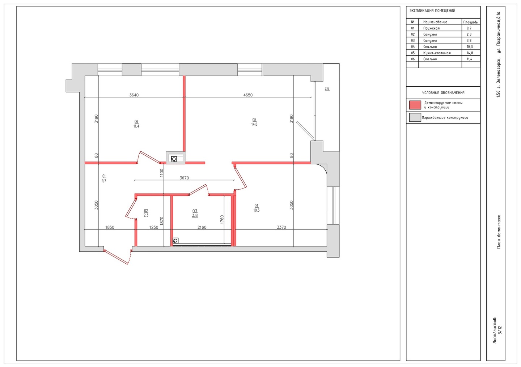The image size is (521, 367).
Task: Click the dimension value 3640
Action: (x=134, y=95)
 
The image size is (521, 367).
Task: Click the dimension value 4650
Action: (x=248, y=95)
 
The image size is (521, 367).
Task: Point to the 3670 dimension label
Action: (x=184, y=178)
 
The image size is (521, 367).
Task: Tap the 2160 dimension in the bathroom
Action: (x=202, y=227)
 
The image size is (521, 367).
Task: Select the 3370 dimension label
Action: (x=281, y=227)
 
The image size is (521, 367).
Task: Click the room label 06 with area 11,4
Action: (x=136, y=124)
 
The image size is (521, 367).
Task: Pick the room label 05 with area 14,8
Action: (x=254, y=122)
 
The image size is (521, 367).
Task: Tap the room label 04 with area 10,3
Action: (x=256, y=208)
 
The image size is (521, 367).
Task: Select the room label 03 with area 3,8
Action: (x=195, y=213)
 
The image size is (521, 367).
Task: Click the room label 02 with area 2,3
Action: (x=146, y=213)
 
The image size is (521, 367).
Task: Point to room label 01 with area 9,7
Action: (x=104, y=178)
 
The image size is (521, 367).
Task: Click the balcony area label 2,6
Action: (x=327, y=88)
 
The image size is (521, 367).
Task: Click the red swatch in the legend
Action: (x=415, y=105)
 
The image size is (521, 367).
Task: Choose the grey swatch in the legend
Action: (x=415, y=117)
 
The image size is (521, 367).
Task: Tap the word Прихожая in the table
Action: (x=431, y=28)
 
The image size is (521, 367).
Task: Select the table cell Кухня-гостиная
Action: (x=437, y=53)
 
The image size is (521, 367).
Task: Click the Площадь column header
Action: (x=470, y=22)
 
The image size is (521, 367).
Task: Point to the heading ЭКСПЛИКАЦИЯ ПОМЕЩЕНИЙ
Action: (x=432, y=10)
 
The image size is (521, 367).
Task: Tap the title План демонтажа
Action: (x=499, y=232)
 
